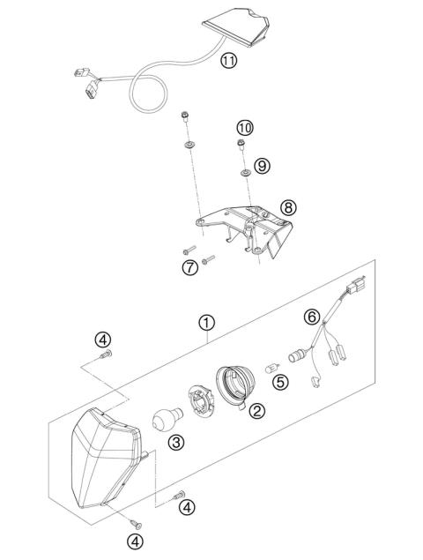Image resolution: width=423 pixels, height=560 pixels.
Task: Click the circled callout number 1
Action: coord(205,323)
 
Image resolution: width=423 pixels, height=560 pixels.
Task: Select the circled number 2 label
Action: coord(256,409)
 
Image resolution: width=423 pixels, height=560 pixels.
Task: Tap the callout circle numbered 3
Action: coord(176,443)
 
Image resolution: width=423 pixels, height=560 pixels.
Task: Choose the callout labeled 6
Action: coord(310,315)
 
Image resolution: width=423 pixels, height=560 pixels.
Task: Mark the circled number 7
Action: coord(189,267)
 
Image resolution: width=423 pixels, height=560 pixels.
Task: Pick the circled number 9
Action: coord(262,165)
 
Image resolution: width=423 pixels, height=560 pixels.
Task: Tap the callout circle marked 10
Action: coord(245,128)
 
